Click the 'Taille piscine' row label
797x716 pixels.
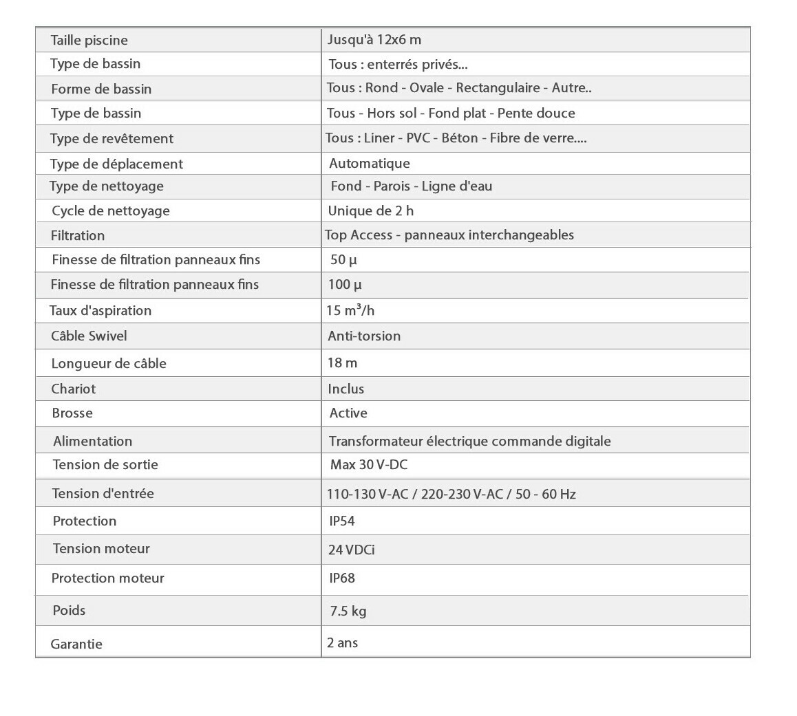(89, 41)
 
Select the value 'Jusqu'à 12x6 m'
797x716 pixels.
(374, 40)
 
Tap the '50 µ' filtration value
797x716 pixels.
(343, 260)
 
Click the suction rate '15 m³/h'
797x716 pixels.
(350, 310)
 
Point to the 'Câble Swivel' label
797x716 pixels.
(89, 336)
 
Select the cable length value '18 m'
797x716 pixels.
(343, 363)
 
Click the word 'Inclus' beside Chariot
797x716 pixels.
(346, 389)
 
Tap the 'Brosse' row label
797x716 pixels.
(72, 413)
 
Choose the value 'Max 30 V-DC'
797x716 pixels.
(369, 465)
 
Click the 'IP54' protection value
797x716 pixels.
(342, 521)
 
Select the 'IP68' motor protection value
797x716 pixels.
(342, 578)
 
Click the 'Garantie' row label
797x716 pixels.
(76, 644)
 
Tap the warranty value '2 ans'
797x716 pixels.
(343, 643)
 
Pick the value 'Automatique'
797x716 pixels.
(370, 164)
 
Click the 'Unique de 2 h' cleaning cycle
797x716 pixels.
(371, 211)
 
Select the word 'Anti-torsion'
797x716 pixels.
(364, 336)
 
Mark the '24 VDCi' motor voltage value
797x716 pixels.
(352, 550)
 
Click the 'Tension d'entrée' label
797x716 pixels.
(103, 494)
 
